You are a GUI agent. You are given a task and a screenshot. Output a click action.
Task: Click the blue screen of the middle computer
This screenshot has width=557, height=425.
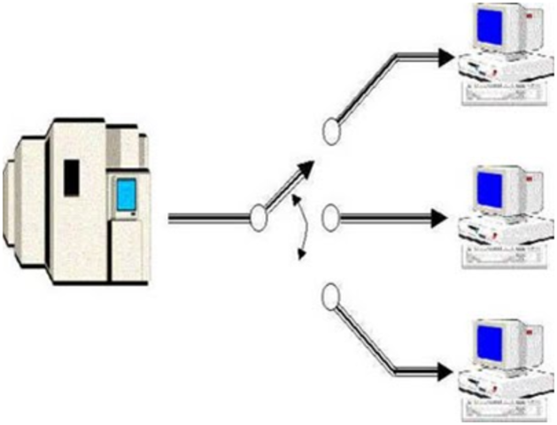pos(489,188)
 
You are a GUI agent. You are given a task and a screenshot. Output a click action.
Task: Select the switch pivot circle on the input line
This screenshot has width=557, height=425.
pos(259,218)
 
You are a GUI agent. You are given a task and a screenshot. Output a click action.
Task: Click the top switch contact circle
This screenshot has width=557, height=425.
pos(331,133)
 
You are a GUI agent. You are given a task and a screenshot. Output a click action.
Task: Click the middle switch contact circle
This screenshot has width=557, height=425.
pos(329,218)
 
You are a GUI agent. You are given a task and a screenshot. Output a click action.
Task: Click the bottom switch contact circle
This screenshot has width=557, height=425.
pos(330,297)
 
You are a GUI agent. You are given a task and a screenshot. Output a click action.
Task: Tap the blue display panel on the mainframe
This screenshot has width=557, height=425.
pos(126,194)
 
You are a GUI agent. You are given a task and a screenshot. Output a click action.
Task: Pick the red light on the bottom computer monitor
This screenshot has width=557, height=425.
pos(530,336)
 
